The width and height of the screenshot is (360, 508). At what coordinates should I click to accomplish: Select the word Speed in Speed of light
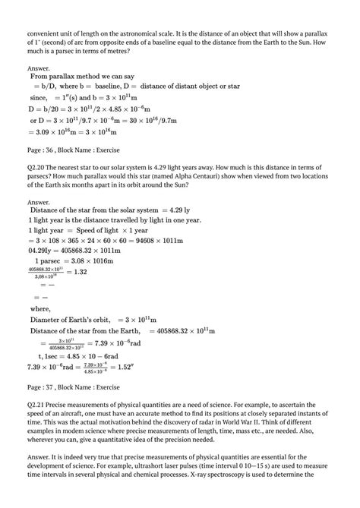(87, 229)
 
